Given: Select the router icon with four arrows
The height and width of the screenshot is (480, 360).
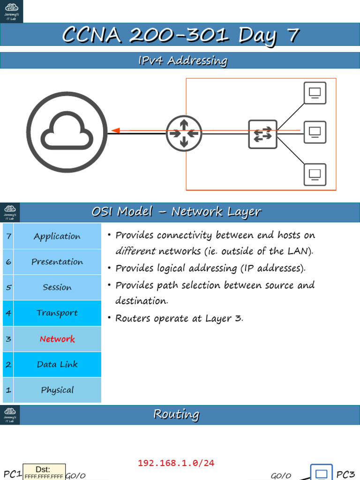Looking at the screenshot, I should [x=184, y=134].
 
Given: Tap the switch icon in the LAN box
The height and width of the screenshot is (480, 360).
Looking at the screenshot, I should [x=262, y=135].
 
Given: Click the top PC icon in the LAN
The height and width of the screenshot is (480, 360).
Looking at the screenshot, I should [x=315, y=93].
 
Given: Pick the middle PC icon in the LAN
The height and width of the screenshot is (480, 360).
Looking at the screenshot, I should [x=315, y=132].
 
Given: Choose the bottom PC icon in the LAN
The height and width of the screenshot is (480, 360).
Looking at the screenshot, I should [x=315, y=174].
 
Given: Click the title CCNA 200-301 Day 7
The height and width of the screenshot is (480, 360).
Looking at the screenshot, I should [x=180, y=36].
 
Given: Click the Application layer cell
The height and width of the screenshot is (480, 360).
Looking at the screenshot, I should [x=57, y=237].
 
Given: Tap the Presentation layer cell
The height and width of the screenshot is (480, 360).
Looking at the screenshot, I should [x=57, y=262].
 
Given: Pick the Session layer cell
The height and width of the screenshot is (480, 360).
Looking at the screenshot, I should [x=57, y=287].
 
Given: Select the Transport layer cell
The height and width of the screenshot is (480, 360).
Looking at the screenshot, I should [x=57, y=313].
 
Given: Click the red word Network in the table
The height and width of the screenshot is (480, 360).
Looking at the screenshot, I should [x=57, y=339].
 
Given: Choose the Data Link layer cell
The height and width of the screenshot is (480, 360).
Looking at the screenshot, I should [x=57, y=364].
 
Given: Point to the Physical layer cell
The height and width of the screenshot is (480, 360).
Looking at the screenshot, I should [x=57, y=390].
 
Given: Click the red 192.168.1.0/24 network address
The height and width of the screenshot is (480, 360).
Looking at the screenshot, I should [x=176, y=463].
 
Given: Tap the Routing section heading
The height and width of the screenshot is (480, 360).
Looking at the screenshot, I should [x=176, y=414].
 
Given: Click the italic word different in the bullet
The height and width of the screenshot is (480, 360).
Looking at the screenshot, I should [x=135, y=251].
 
